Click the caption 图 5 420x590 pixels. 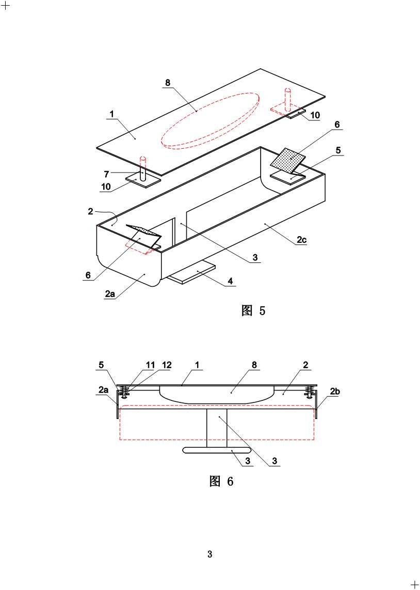click(x=253, y=310)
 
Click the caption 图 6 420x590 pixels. click(x=221, y=482)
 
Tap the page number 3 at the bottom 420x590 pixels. click(x=209, y=554)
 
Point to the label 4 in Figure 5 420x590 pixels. click(x=231, y=281)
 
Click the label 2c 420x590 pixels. click(x=301, y=240)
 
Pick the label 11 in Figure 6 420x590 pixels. click(x=150, y=365)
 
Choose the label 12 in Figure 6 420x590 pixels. click(x=166, y=365)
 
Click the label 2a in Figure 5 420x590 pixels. click(x=109, y=293)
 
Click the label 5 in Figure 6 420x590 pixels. click(x=101, y=365)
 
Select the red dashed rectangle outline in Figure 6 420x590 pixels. click(x=217, y=439)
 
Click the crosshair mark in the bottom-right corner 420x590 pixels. click(x=414, y=584)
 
